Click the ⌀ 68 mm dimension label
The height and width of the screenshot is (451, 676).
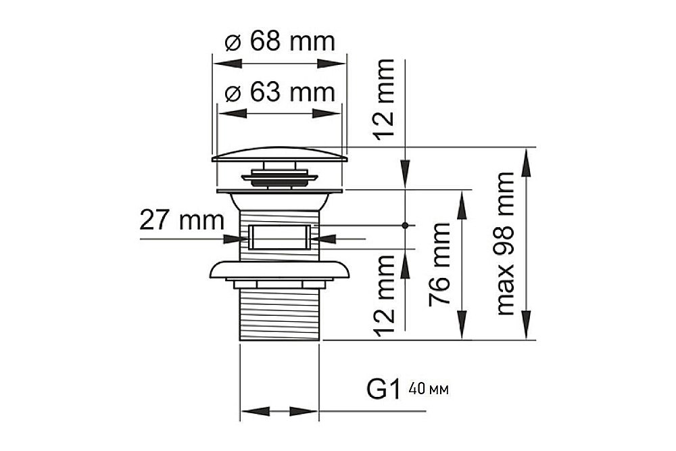tap(279, 42)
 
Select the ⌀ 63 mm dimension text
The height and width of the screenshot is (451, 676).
tap(279, 92)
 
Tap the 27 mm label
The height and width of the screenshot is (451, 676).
tap(181, 220)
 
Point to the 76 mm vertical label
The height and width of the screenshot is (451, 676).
tap(439, 264)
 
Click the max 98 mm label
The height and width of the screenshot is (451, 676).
tap(505, 243)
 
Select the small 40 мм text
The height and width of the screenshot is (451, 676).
tap(429, 390)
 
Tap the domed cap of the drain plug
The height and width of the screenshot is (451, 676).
tap(279, 156)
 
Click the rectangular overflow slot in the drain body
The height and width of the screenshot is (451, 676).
tap(279, 238)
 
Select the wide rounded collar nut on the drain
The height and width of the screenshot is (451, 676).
tap(279, 269)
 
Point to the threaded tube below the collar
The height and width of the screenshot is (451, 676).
tap(279, 314)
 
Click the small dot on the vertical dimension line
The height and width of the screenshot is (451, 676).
tap(405, 224)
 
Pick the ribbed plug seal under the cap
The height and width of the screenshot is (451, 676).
tap(279, 179)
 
